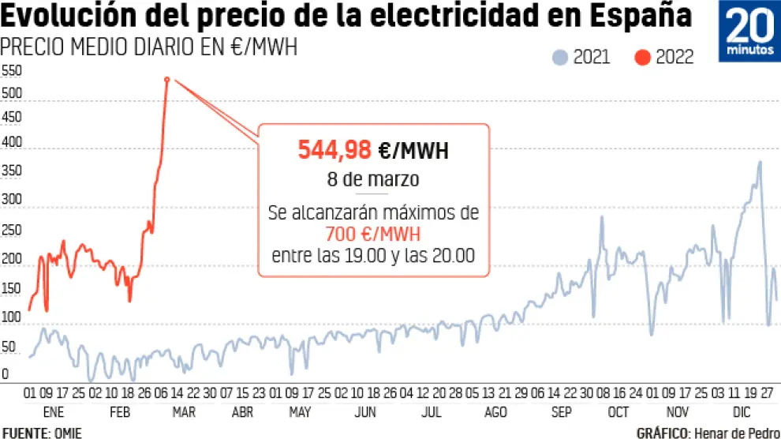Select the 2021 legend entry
click(582, 57)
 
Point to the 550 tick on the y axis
click(13, 71)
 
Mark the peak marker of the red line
click(167, 79)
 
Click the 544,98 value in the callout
click(334, 148)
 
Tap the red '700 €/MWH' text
click(372, 235)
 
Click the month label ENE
click(53, 412)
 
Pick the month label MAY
click(300, 412)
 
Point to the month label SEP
click(562, 412)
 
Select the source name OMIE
click(67, 433)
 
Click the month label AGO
click(495, 412)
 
